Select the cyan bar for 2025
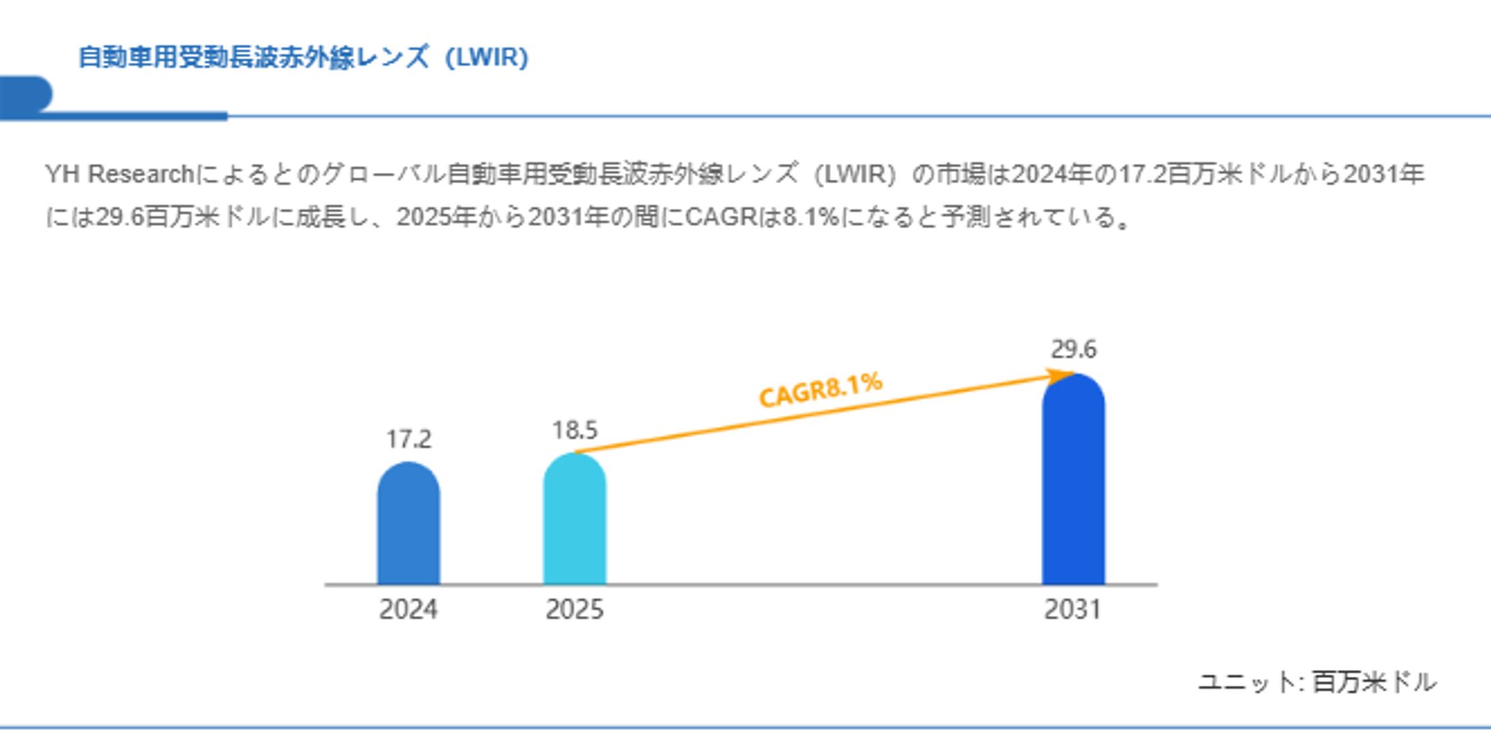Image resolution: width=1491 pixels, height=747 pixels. [x=574, y=520]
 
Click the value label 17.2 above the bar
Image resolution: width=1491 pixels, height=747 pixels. [x=408, y=439]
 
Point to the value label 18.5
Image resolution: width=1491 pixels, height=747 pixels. [x=574, y=430]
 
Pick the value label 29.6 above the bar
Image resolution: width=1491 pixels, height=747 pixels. [x=1073, y=349]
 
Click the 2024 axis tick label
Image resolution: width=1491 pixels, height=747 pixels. [x=408, y=609]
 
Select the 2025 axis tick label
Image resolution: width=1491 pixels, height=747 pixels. [x=574, y=609]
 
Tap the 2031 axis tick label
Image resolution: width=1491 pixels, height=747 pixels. [x=1073, y=609]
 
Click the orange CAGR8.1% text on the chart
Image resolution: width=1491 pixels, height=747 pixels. [x=821, y=389]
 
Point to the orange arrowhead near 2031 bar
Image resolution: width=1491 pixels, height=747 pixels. [x=1062, y=376]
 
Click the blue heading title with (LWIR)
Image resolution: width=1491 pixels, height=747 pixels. [x=303, y=57]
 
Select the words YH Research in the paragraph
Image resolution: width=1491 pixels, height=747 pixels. [x=119, y=174]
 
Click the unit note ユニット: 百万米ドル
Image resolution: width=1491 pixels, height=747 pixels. [x=1317, y=681]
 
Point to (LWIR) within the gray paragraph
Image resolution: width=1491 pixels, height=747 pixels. [x=855, y=174]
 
